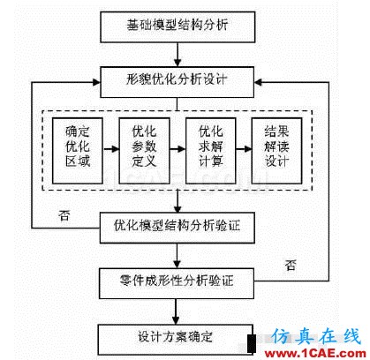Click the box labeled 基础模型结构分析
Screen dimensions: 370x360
(177, 27)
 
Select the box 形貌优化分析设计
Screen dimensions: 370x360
(177, 82)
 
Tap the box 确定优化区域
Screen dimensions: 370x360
(78, 151)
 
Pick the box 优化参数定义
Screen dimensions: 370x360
(144, 151)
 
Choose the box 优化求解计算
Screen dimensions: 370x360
(211, 151)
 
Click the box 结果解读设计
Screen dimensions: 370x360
(276, 151)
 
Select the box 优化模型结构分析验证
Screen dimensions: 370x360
(177, 228)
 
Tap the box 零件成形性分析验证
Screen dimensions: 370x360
(177, 283)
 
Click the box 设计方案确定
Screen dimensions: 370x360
(176, 340)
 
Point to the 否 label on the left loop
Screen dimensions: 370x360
(64, 215)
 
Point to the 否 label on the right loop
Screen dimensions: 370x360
(291, 265)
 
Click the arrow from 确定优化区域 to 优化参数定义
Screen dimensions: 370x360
(110, 149)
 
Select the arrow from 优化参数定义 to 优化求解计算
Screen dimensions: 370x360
(177, 149)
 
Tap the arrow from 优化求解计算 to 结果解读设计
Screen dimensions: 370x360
(244, 149)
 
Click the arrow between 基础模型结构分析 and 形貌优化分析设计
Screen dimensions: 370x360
(177, 55)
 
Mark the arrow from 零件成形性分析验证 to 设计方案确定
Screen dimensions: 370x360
(176, 311)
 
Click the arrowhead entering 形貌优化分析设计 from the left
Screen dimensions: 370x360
(96, 82)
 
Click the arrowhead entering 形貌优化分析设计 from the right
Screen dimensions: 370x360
(258, 82)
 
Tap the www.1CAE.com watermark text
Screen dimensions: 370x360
(315, 353)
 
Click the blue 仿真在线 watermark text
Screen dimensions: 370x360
(316, 336)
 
